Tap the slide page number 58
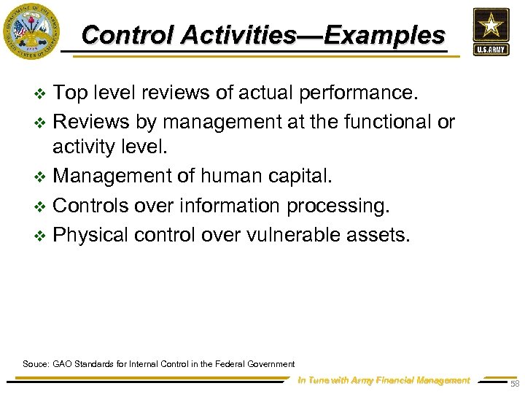(x=515, y=384)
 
